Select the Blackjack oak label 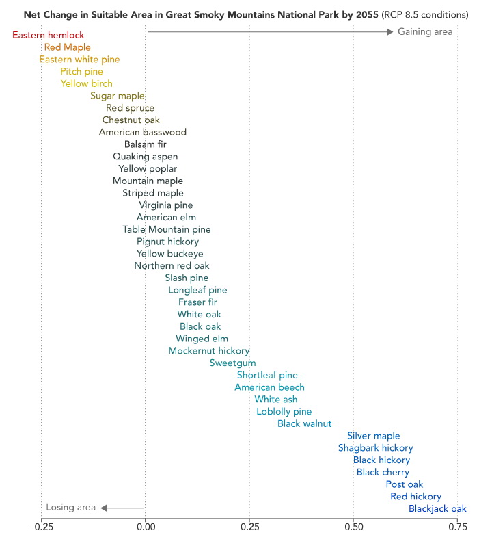pos(437,508)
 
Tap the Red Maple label pos(63,47)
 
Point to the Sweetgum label pos(232,363)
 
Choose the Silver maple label pos(373,436)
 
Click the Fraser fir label pos(197,302)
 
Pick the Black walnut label pos(304,423)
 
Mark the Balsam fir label pos(145,144)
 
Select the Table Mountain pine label pos(167,229)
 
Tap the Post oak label pos(405,484)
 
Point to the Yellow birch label pos(87,83)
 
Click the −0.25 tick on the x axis pos(40,526)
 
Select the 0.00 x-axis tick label pos(145,526)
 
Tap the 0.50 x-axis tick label pos(353,526)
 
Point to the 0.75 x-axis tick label pos(457,526)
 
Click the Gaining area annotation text pos(425,31)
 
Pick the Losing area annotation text pos(70,507)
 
